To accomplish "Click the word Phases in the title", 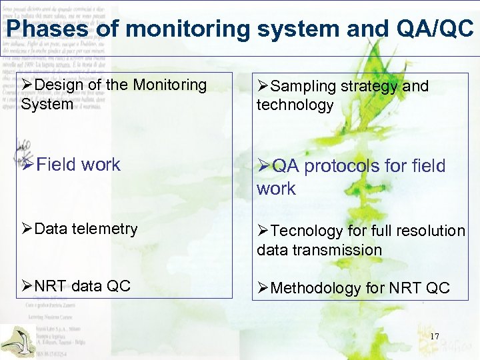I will (39, 28).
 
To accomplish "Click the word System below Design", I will (47, 105).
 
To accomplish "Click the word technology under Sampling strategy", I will (295, 105).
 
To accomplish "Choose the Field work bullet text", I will (78, 165).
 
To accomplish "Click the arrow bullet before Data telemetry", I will (27, 229).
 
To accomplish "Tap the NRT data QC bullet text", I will (82, 287).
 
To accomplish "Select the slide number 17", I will (434, 337).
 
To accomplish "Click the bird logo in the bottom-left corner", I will (17, 340).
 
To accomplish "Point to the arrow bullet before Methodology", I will (263, 289).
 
